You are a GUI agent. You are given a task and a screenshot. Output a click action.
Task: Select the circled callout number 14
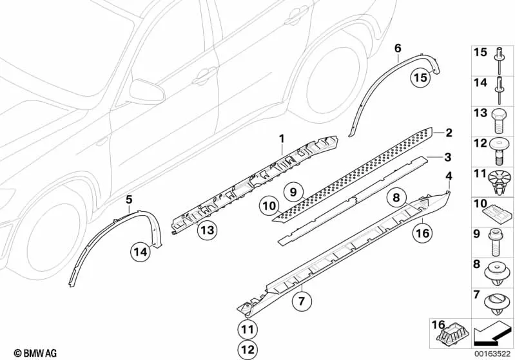point(140,252)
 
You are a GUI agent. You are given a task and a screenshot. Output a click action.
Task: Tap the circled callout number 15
point(420,79)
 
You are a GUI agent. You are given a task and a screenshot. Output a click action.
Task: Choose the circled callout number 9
point(292,191)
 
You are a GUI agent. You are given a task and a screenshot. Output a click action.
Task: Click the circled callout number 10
point(269,206)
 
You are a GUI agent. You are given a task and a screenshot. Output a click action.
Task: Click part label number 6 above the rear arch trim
point(397,48)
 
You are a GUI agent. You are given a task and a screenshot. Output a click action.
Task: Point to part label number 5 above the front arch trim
point(129,200)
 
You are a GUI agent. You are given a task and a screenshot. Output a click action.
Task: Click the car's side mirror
point(147,91)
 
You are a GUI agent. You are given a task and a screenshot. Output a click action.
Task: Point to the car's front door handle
point(204,76)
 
